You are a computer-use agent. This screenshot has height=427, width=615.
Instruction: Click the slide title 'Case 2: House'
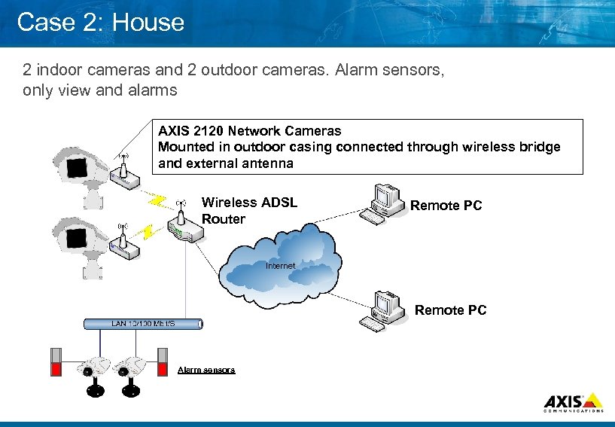click(100, 22)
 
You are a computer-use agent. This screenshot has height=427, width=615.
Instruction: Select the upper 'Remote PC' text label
click(446, 206)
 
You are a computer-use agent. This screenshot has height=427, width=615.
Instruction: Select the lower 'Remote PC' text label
click(450, 310)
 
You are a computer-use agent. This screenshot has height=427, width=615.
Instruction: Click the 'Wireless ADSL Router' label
click(249, 211)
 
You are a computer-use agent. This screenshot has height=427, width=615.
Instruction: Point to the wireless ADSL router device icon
click(181, 226)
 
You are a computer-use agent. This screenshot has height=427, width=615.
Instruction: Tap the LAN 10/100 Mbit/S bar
click(142, 324)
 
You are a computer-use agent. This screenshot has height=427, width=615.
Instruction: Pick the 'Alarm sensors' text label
click(206, 370)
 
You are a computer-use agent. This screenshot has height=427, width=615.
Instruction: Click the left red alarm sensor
click(55, 362)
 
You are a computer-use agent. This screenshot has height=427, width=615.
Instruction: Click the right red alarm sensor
click(162, 362)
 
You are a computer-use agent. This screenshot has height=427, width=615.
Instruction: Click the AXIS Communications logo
click(573, 402)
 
